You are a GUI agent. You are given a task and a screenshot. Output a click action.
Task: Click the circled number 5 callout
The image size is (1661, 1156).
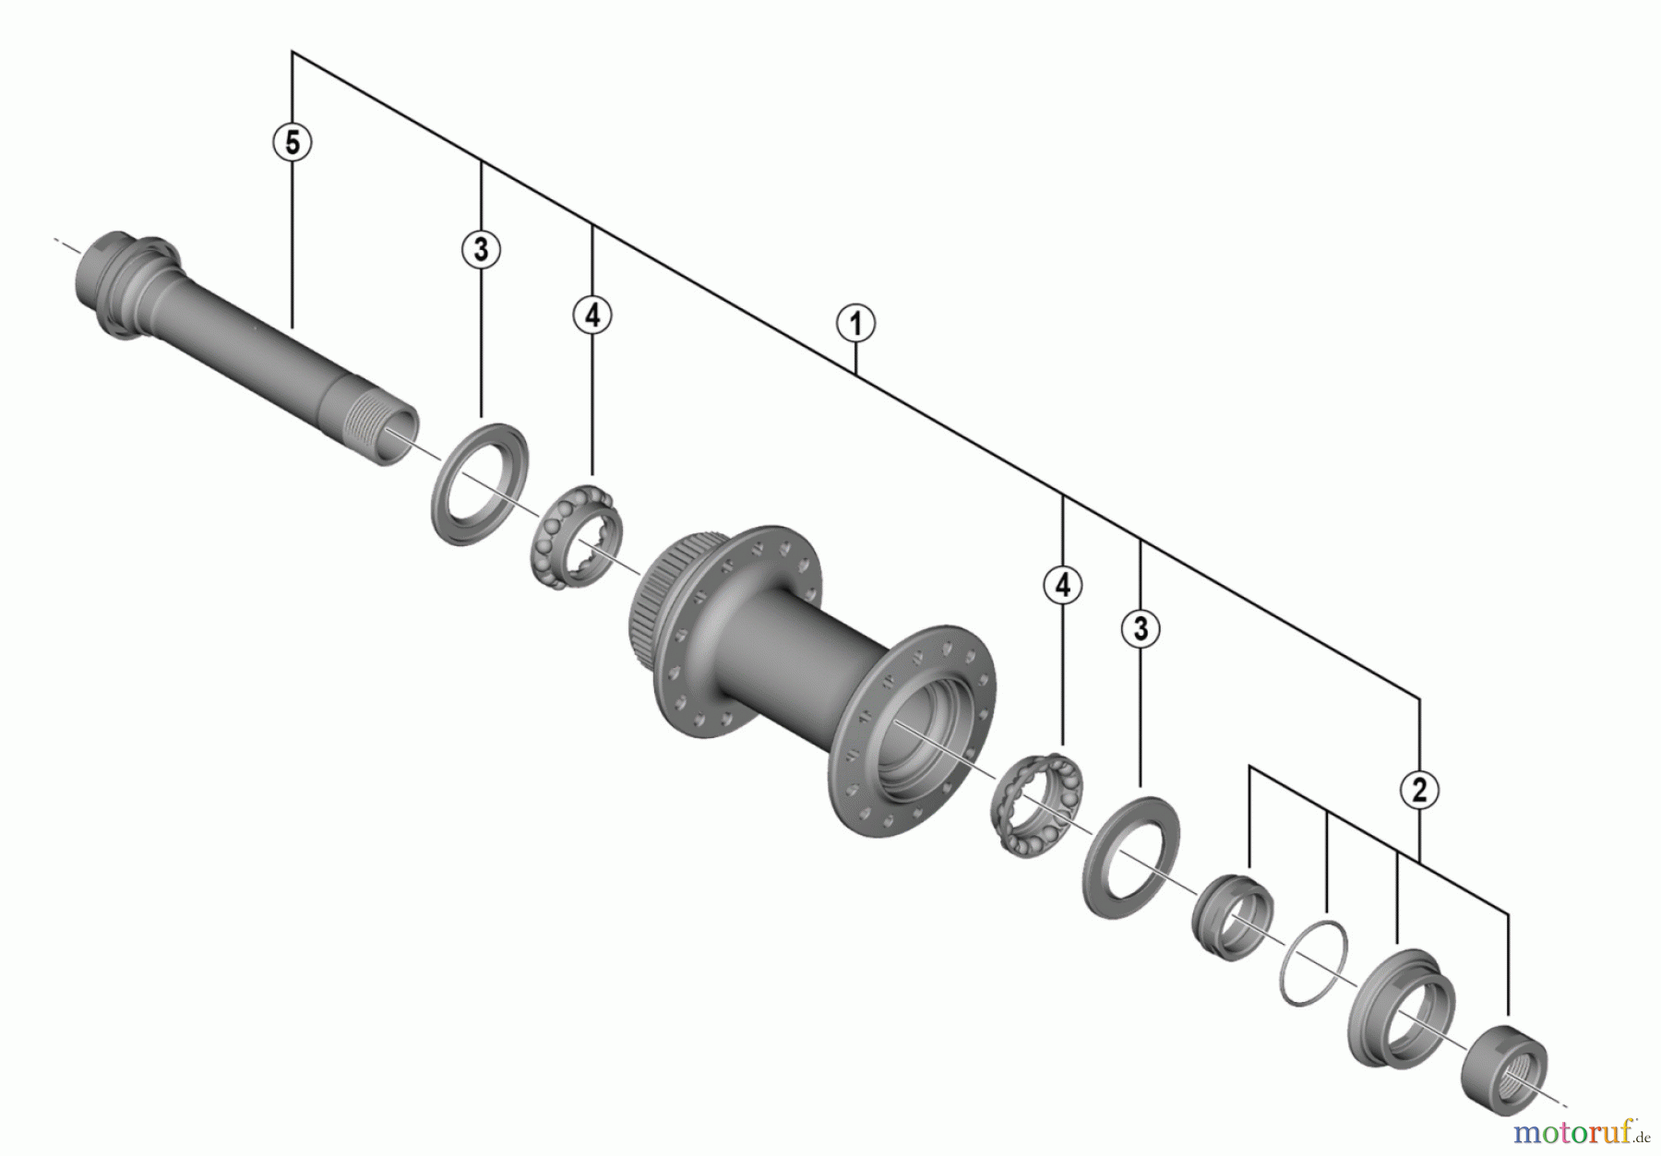293,143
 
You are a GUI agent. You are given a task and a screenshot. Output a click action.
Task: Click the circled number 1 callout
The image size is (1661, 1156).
855,324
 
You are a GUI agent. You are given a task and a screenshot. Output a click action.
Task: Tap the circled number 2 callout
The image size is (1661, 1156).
1419,790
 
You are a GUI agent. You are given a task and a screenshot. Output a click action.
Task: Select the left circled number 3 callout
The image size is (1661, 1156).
481,249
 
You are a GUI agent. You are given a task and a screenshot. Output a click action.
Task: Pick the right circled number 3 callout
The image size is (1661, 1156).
1141,629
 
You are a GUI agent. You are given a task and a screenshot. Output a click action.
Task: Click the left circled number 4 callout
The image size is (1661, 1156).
592,316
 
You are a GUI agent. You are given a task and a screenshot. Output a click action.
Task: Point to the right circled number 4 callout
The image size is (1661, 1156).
1062,585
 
